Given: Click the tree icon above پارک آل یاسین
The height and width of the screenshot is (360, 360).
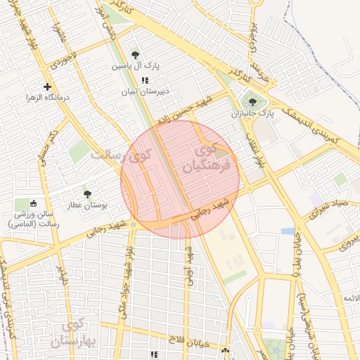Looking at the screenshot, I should pos(135,54).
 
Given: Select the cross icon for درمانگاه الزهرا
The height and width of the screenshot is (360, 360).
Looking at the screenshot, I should pos(47,87).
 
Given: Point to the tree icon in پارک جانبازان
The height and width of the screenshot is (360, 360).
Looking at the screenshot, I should pos(252,102).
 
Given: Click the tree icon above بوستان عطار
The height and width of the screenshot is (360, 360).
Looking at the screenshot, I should pos(87,193).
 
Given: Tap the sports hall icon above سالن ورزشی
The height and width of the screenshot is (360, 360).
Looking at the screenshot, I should pos(34,203).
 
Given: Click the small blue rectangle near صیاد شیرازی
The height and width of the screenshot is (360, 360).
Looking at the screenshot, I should pos(288,231).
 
